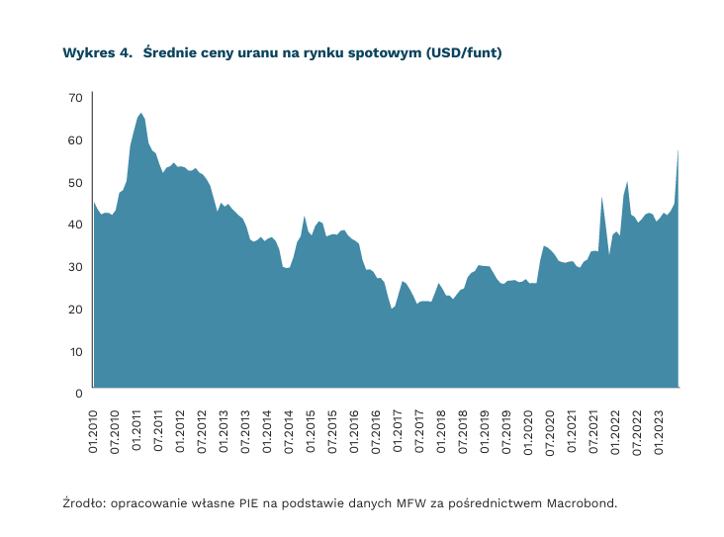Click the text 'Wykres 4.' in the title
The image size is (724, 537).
click(x=97, y=52)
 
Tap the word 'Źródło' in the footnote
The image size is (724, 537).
click(x=83, y=502)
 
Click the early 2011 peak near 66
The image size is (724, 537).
click(x=141, y=114)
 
